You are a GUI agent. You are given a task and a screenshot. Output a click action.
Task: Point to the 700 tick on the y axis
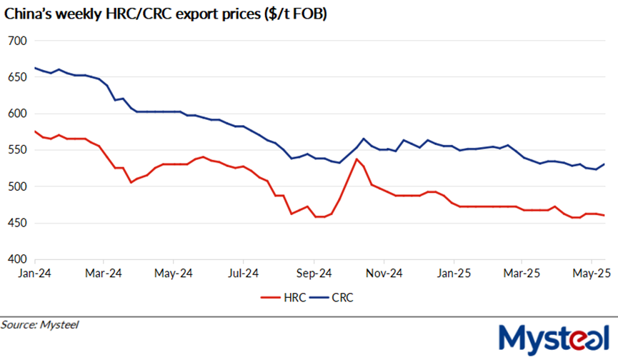pyautogui.click(x=17, y=41)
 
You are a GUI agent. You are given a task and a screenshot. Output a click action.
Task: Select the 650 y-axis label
pyautogui.click(x=17, y=77)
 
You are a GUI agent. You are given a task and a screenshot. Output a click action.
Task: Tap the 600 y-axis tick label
pyautogui.click(x=17, y=114)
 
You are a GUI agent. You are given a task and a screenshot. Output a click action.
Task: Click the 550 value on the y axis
pyautogui.click(x=17, y=150)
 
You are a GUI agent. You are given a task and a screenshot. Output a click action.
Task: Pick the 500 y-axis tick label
pyautogui.click(x=17, y=186)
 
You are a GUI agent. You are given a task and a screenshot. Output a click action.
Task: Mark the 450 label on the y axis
pyautogui.click(x=17, y=223)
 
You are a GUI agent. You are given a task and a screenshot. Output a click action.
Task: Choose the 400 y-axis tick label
pyautogui.click(x=17, y=259)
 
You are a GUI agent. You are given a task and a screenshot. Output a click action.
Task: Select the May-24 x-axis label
pyautogui.click(x=174, y=273)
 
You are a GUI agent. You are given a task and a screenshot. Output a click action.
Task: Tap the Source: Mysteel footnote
pyautogui.click(x=39, y=325)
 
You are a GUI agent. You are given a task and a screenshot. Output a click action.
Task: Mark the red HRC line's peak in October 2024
pyautogui.click(x=357, y=159)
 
